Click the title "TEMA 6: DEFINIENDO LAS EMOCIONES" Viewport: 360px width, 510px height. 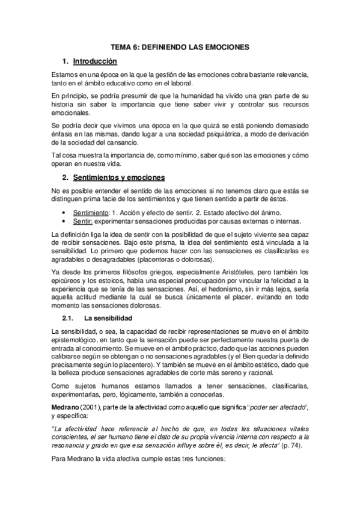click(x=180, y=46)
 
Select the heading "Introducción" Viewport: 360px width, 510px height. click(x=95, y=61)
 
